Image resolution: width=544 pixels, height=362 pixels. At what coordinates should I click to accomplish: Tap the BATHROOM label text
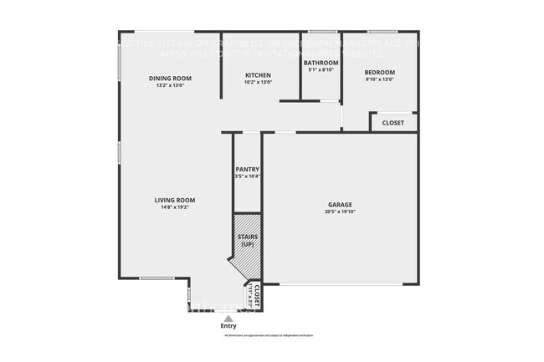[x=321, y=63]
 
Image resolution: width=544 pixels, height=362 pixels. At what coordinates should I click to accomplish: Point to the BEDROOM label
[x=379, y=73]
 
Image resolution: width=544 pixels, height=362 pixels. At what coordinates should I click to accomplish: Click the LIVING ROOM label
[x=174, y=200]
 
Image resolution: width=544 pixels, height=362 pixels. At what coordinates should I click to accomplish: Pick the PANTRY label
[x=247, y=170]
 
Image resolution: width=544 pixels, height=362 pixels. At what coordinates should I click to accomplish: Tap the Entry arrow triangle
[x=228, y=316]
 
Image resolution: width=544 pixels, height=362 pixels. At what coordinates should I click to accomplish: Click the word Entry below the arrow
[x=228, y=325]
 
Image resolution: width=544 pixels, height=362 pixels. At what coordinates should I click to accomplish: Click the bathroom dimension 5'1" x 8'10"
[x=321, y=70]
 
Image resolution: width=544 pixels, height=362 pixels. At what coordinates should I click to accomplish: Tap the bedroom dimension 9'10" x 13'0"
[x=379, y=79]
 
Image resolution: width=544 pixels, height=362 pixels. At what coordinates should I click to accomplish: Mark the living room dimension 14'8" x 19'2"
[x=174, y=206]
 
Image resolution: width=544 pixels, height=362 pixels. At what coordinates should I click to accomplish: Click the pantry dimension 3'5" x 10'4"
[x=247, y=176]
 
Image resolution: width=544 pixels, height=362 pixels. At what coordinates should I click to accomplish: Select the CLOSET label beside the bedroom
[x=393, y=123]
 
